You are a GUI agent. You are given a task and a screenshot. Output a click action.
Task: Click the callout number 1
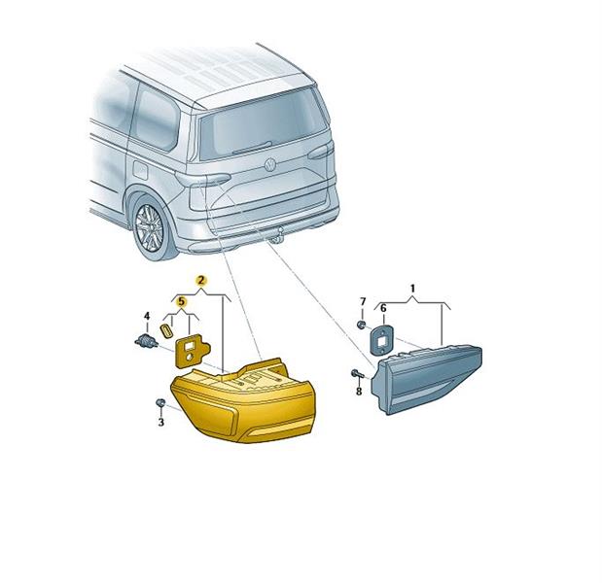coord(412,288)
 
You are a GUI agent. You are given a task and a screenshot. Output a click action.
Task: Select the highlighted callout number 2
coord(200,281)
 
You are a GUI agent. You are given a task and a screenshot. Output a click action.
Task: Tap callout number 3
coord(161,423)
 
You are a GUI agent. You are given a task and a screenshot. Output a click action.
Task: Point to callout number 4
coord(147,317)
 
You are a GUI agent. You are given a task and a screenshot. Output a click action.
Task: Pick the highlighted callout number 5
coord(181,302)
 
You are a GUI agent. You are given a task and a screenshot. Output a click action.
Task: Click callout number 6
coord(383,308)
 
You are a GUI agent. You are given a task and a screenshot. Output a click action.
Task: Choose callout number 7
coord(363,301)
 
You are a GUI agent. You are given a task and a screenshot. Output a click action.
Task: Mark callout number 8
coord(359,392)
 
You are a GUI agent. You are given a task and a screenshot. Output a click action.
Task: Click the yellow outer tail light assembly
coord(243,402)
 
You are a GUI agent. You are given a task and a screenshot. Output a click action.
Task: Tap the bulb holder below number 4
coord(146,340)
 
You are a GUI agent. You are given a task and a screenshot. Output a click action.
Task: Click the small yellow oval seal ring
coord(165,330)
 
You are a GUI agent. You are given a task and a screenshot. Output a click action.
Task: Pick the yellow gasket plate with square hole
coord(192,351)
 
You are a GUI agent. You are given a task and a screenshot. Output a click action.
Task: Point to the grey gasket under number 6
coord(381,339)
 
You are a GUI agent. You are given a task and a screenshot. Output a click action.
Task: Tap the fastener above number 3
coord(159,403)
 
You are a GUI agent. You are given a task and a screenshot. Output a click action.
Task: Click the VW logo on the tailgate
coord(270,164)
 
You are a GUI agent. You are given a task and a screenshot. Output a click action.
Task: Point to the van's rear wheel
coord(152,229)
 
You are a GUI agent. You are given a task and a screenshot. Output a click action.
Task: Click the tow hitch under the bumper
coord(277,235)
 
